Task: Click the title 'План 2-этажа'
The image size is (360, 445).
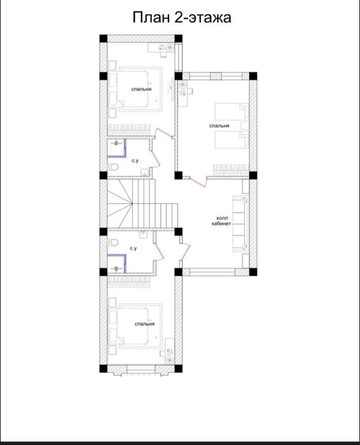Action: (182, 18)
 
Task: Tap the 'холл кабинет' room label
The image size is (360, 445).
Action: (221, 221)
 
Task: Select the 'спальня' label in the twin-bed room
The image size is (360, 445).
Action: (219, 126)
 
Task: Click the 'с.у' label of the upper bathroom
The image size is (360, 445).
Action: (135, 161)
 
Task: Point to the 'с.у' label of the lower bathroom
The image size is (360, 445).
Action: (133, 249)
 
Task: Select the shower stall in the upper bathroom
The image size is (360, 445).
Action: (116, 148)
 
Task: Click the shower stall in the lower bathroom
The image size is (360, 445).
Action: (116, 264)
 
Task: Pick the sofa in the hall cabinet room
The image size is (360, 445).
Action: (240, 223)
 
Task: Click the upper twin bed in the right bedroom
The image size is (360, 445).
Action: (232, 111)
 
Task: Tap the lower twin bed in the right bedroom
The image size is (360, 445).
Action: (232, 140)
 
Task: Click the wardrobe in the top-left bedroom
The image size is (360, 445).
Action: (129, 130)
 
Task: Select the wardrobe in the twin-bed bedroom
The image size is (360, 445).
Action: (231, 170)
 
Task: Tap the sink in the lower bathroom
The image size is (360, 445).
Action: (143, 235)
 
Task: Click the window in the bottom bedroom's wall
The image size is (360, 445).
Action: (141, 369)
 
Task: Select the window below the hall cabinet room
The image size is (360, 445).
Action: (212, 272)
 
